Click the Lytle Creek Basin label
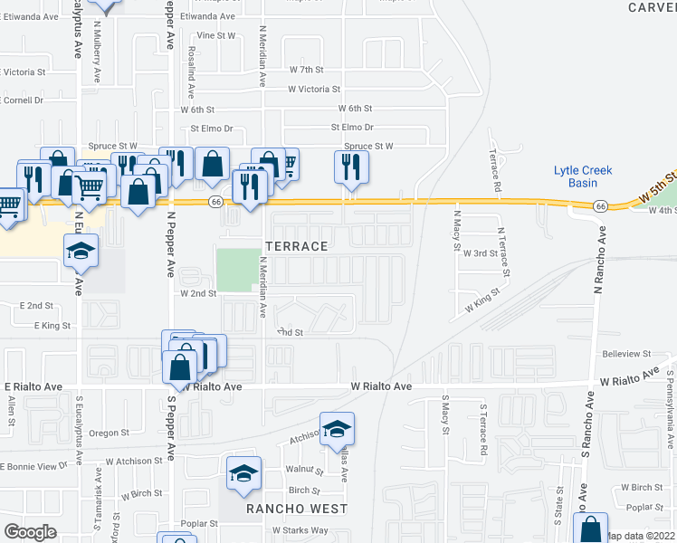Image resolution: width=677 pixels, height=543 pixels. [x=583, y=176]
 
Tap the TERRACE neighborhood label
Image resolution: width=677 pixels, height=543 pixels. [x=295, y=246]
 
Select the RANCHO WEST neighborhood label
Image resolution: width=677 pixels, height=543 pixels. [x=298, y=509]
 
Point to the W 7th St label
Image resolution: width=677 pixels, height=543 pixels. [x=307, y=69]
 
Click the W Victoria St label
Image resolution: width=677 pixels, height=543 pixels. [x=314, y=89]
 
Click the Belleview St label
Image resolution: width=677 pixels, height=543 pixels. [x=627, y=354]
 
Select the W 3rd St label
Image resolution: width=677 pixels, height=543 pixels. [x=480, y=253]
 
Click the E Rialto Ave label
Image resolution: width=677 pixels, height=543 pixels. [x=32, y=386]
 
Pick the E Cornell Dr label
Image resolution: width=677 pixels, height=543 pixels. [x=22, y=100]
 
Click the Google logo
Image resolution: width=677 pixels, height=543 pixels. [x=30, y=531]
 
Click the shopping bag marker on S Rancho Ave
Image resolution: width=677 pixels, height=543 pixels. [x=590, y=529]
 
